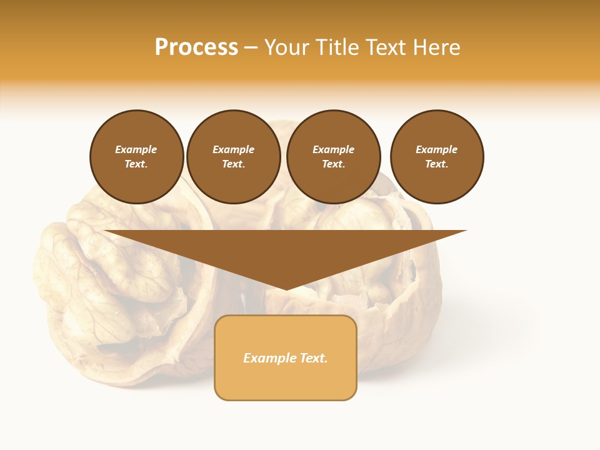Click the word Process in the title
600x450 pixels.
pos(196,47)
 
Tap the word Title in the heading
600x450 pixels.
pos(338,47)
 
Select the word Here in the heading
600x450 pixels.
pos(436,47)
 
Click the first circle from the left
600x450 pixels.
pos(137,157)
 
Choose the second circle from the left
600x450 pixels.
pos(234,157)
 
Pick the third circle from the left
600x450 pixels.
pos(334,157)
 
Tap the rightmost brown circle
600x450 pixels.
pos(437,157)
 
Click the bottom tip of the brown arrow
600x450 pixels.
pos(286,289)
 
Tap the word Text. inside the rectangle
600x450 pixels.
pos(312,358)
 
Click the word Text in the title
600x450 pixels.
pos(386,47)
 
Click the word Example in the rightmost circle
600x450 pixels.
pos(437,149)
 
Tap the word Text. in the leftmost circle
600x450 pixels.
pos(136,164)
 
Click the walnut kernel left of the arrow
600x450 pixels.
pos(94,275)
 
